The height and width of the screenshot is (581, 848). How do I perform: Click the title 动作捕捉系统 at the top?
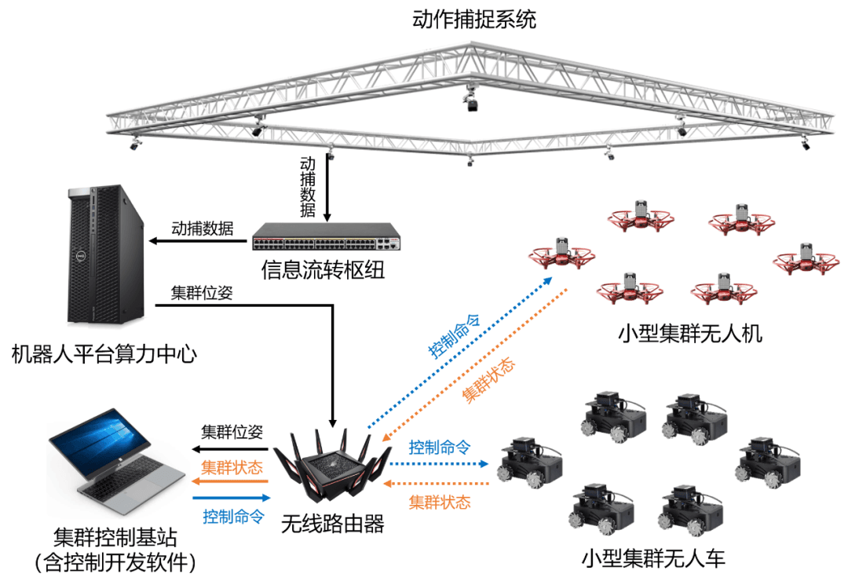pyautogui.click(x=474, y=20)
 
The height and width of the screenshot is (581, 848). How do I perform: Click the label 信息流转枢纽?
pyautogui.click(x=323, y=271)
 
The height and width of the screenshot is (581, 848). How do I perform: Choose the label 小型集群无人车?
pyautogui.click(x=654, y=559)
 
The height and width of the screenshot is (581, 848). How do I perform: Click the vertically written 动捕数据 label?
pyautogui.click(x=308, y=187)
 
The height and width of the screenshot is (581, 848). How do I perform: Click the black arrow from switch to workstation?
pyautogui.click(x=200, y=240)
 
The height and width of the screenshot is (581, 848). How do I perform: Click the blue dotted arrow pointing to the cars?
pyautogui.click(x=439, y=463)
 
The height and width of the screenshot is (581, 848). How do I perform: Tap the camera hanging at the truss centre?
pyautogui.click(x=471, y=103)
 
